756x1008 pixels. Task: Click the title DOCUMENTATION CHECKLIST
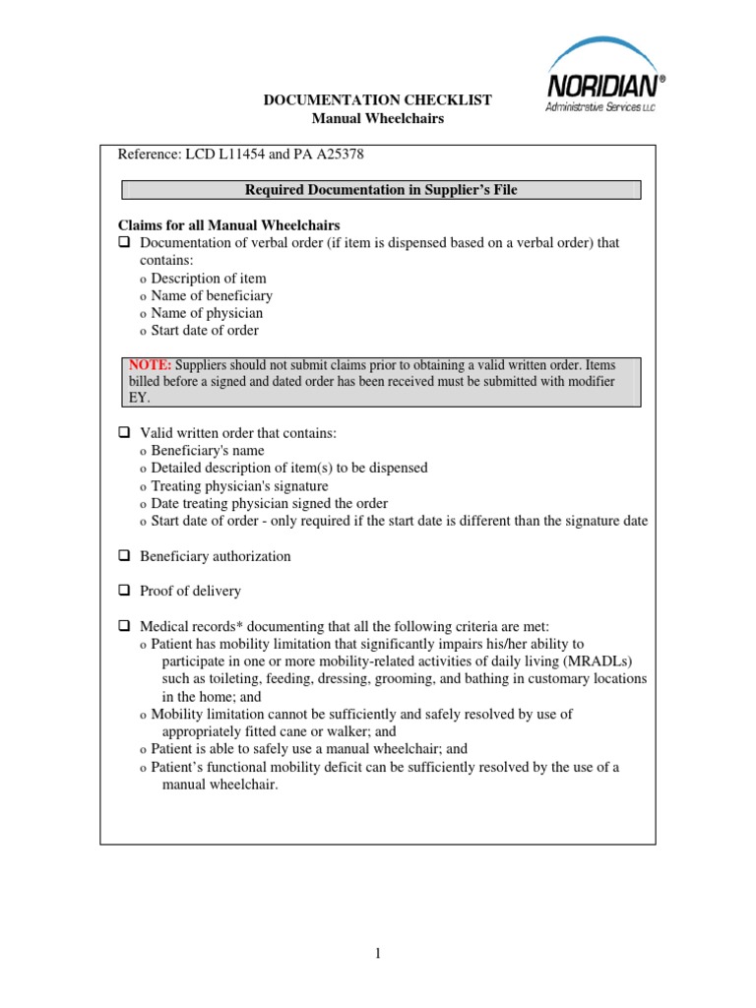pos(379,100)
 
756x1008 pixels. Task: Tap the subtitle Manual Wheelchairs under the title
pos(378,118)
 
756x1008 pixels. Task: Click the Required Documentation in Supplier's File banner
pos(380,191)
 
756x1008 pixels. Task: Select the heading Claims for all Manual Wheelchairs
pos(229,225)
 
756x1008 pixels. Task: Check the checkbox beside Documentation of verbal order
pos(125,243)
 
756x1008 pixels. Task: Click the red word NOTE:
pos(150,365)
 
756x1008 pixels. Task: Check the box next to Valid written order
pos(125,433)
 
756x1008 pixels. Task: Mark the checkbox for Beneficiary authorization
pos(125,556)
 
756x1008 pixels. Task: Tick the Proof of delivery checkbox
pos(125,592)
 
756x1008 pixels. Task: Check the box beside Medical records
pos(125,626)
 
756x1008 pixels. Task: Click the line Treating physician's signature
pos(239,486)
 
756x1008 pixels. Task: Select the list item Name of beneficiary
pos(212,295)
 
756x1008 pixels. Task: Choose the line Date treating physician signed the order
pos(269,504)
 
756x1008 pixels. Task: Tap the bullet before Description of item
pos(143,279)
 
